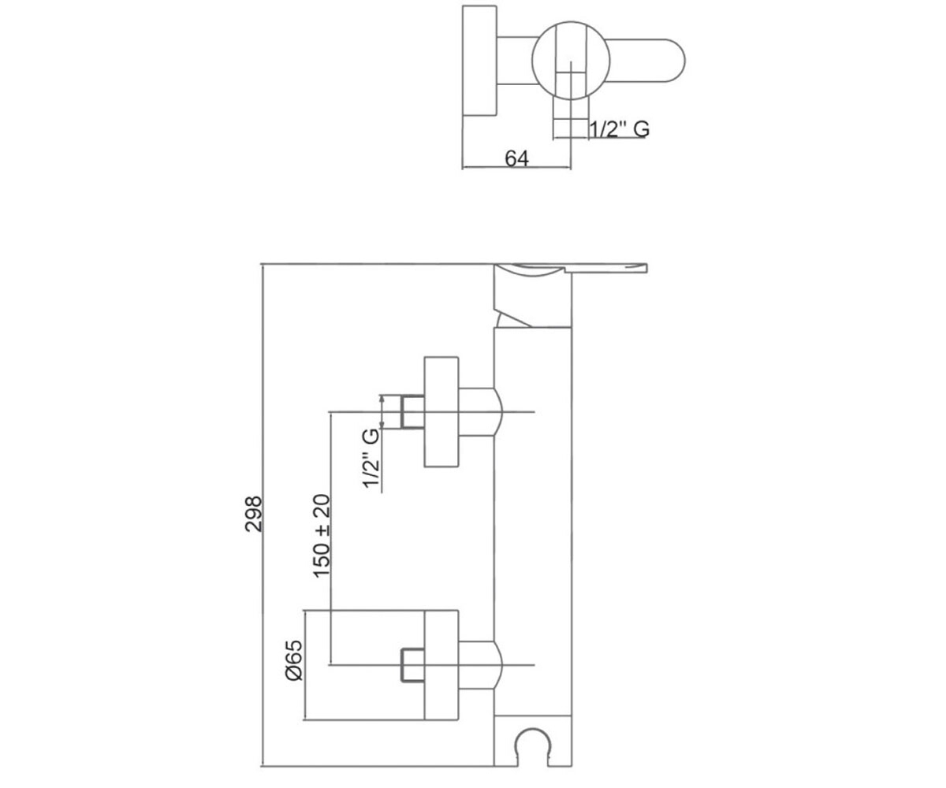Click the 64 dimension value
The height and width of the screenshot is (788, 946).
516,158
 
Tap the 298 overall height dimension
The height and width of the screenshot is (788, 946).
254,514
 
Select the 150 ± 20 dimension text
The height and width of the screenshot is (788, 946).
322,536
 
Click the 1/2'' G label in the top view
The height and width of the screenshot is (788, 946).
620,129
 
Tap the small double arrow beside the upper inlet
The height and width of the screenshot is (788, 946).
382,411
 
